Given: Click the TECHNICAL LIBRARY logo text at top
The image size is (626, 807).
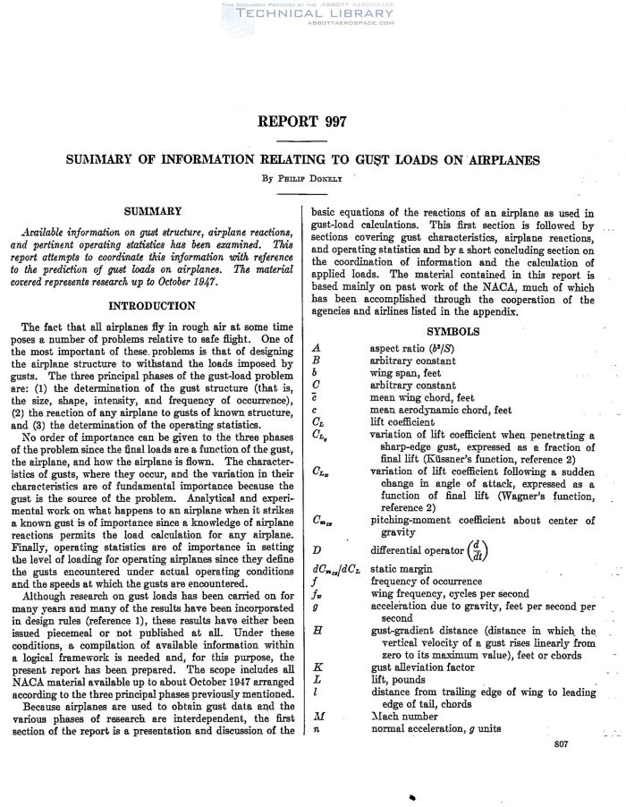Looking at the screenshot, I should point(312,16).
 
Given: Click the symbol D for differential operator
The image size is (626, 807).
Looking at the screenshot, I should point(318,549).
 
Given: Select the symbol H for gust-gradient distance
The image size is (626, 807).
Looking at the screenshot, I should point(318,631).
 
